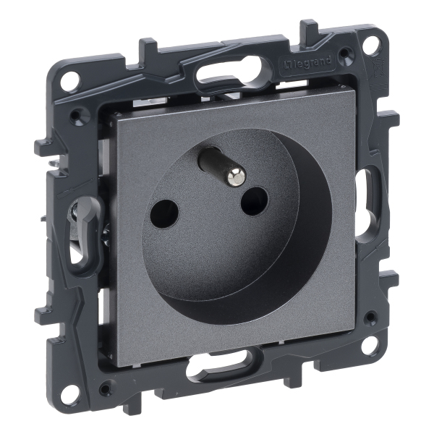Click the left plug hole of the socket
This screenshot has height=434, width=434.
(x=165, y=213)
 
